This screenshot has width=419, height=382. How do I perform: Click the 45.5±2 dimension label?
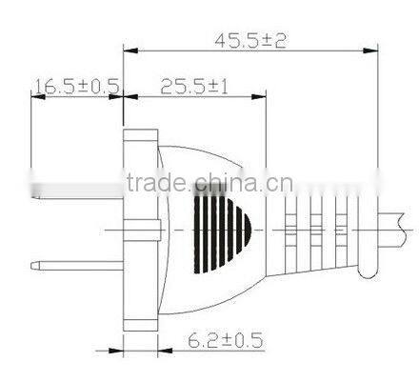pyautogui.click(x=250, y=41)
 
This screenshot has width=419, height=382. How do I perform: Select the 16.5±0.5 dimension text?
pyautogui.click(x=77, y=87)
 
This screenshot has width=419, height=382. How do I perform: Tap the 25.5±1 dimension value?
pyautogui.click(x=194, y=87)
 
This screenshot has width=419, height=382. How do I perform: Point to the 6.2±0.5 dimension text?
pyautogui.click(x=226, y=340)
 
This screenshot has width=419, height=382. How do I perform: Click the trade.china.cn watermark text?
pyautogui.click(x=209, y=183)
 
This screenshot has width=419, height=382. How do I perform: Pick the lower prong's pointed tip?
pyautogui.click(x=31, y=266)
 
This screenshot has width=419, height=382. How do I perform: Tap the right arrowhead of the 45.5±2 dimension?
pyautogui.click(x=370, y=50)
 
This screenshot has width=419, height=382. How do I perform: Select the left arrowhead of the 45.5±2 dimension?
pyautogui.click(x=130, y=50)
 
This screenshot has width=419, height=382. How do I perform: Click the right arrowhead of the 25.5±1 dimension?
pyautogui.click(x=258, y=96)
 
